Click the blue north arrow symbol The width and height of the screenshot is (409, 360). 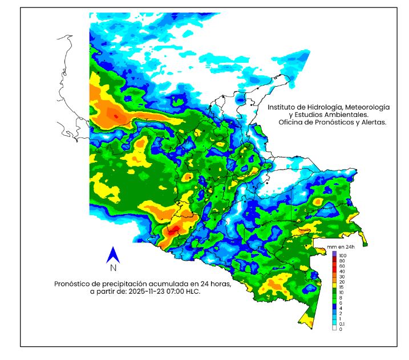click(113, 255)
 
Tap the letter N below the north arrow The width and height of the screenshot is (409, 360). click(113, 268)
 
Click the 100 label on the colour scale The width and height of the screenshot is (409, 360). click(343, 254)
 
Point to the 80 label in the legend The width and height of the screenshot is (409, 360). click(342, 261)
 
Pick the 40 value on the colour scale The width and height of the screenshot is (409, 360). click(342, 271)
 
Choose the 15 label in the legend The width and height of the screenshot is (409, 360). click(342, 287)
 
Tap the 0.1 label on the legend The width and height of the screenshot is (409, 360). click(342, 323)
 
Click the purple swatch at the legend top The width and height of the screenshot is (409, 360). click(334, 254)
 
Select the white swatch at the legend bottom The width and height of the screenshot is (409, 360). click(334, 329)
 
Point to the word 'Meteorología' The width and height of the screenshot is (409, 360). click(369, 107)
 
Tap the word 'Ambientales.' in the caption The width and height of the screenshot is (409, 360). click(337, 115)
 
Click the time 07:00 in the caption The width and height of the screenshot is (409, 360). click(179, 291)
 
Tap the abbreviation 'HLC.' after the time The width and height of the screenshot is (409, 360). click(195, 291)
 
